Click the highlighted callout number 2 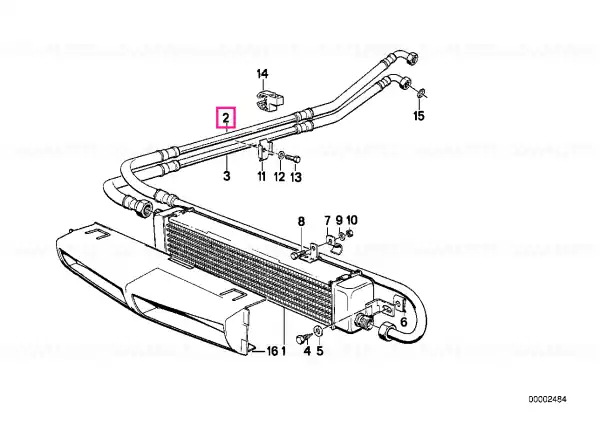(226, 117)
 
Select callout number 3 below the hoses (227, 176)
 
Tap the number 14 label (262, 74)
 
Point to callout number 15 (419, 116)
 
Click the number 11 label (261, 176)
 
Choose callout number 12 (280, 177)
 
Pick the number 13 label (296, 177)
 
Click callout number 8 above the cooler (302, 222)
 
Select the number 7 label (327, 220)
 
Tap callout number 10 (352, 220)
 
